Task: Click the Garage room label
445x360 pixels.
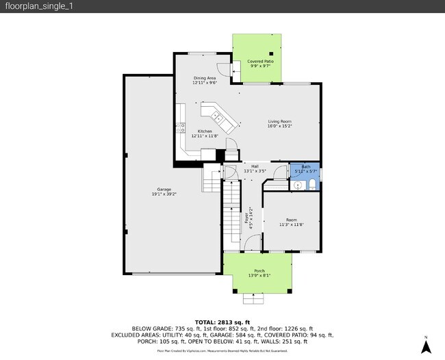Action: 164,192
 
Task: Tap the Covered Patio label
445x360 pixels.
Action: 259,64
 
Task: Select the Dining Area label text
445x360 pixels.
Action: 205,80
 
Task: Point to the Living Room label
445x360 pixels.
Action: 279,123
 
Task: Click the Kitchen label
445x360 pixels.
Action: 205,133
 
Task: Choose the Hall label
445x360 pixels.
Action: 255,168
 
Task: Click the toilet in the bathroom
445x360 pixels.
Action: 311,185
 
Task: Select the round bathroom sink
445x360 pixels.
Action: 298,185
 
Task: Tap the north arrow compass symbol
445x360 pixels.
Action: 425,346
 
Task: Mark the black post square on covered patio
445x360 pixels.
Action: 272,53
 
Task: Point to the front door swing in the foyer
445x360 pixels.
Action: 253,243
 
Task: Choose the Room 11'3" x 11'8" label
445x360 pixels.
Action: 292,222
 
